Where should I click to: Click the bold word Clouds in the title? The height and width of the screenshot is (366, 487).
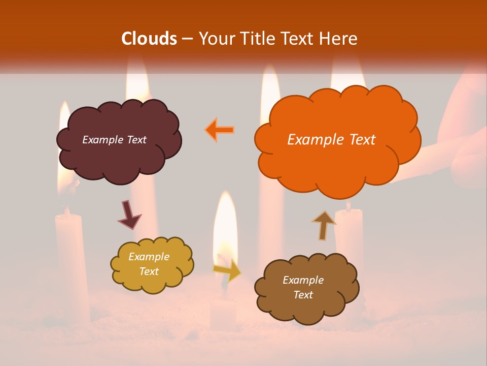point(149,39)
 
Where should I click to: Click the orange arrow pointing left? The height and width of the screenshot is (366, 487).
point(220,130)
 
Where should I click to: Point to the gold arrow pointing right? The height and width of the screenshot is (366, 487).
point(228,270)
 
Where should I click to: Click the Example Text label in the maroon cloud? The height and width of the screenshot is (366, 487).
point(114,140)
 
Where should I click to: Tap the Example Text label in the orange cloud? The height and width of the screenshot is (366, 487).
point(331,140)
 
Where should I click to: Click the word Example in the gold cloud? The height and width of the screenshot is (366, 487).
point(149,257)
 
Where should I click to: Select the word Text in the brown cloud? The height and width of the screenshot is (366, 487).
point(303,295)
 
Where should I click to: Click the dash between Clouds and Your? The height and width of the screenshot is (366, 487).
point(187,39)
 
